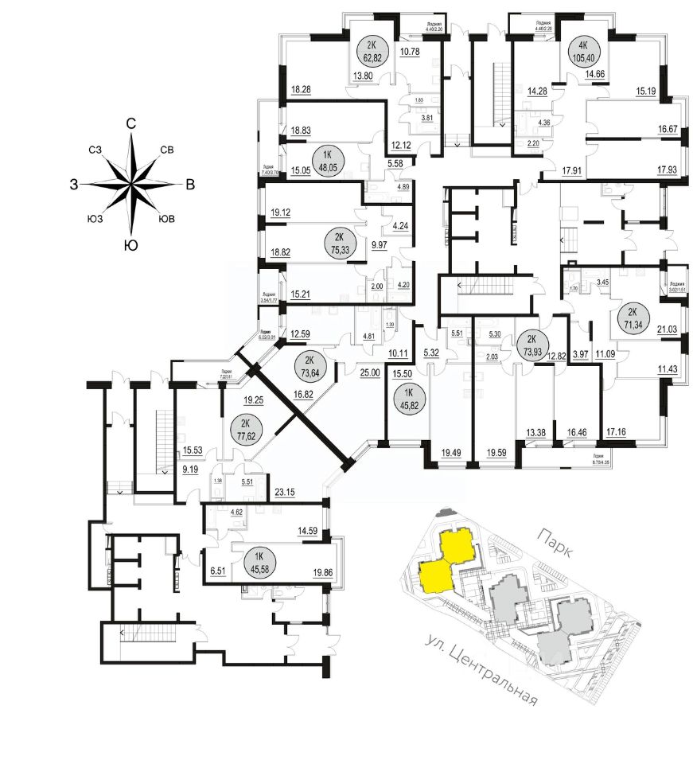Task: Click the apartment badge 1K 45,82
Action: coord(407,396)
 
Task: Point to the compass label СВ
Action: coord(168,150)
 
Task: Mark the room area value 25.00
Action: coord(369,372)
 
